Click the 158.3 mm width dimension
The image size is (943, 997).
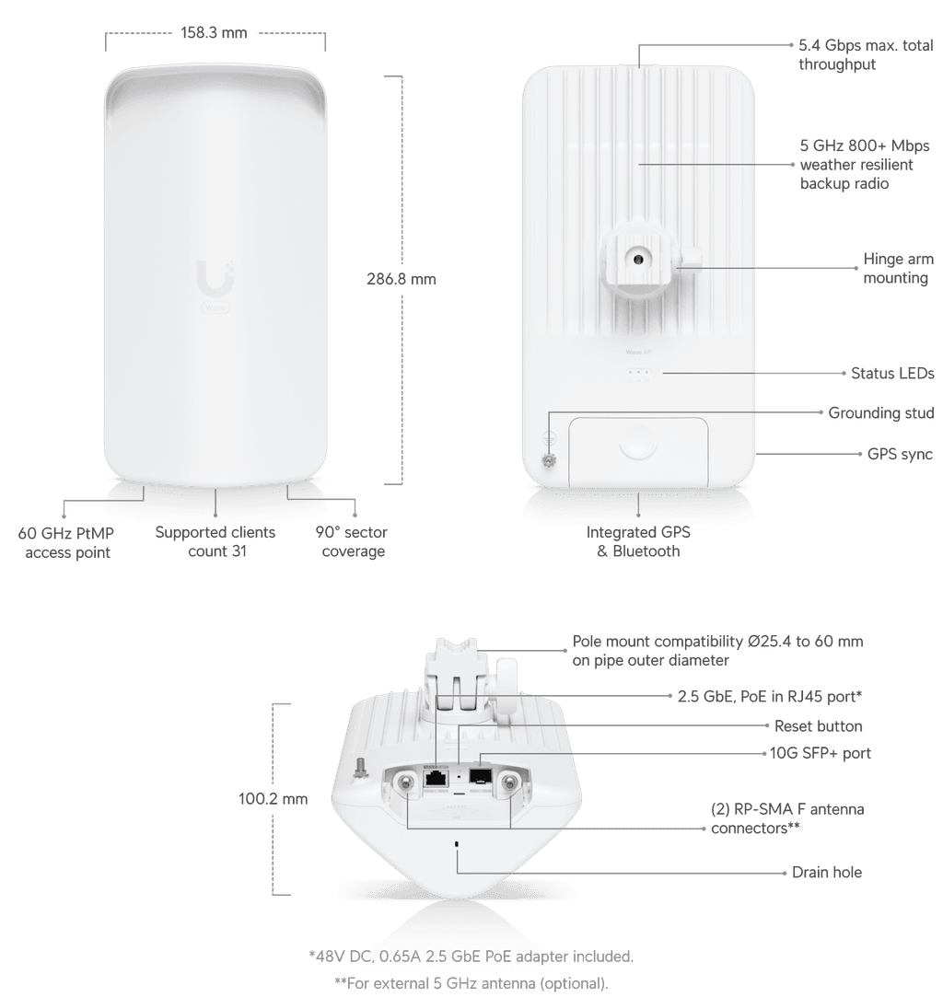pyautogui.click(x=214, y=32)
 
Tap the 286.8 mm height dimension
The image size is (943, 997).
pyautogui.click(x=402, y=279)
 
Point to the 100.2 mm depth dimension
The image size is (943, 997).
pyautogui.click(x=273, y=799)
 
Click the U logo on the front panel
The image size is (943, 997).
pyautogui.click(x=215, y=277)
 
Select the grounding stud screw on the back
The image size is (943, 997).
pyautogui.click(x=549, y=459)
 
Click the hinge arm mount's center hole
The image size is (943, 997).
pyautogui.click(x=637, y=259)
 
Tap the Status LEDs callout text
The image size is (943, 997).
pyautogui.click(x=892, y=373)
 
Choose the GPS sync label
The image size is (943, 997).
pyautogui.click(x=900, y=454)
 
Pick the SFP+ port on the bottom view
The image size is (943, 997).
pyautogui.click(x=480, y=776)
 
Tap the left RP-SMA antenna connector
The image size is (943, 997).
pyautogui.click(x=403, y=783)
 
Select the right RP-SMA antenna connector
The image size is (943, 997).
pyautogui.click(x=509, y=783)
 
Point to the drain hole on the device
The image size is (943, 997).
pyautogui.click(x=457, y=844)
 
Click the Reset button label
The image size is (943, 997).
pyautogui.click(x=818, y=726)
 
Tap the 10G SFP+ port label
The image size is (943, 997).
pyautogui.click(x=821, y=753)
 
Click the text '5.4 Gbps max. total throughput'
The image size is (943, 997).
pyautogui.click(x=866, y=54)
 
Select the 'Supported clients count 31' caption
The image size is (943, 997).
pyautogui.click(x=215, y=541)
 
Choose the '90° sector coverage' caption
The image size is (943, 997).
pyautogui.click(x=352, y=541)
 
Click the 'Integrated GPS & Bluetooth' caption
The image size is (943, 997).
pyautogui.click(x=638, y=541)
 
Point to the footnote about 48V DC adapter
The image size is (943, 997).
pyautogui.click(x=471, y=956)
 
